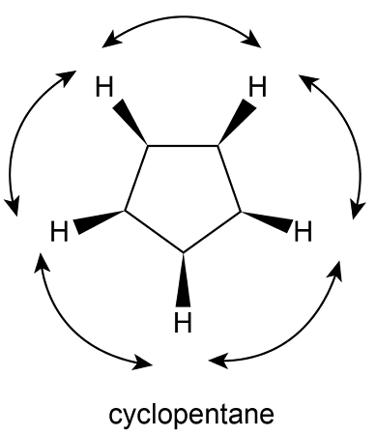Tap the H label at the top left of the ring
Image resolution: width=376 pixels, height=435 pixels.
pyautogui.click(x=104, y=88)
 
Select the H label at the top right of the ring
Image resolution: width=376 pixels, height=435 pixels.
pyautogui.click(x=257, y=87)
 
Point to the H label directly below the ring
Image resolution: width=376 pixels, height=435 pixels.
pyautogui.click(x=182, y=321)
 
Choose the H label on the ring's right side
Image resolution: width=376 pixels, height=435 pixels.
pyautogui.click(x=304, y=232)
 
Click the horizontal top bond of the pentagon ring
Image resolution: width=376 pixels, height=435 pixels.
pyautogui.click(x=183, y=146)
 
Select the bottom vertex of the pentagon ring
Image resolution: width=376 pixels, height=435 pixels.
pyautogui.click(x=183, y=252)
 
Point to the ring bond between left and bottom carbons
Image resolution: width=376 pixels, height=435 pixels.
pyautogui.click(x=154, y=231)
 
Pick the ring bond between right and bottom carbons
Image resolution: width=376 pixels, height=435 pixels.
pyautogui.click(x=212, y=231)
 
